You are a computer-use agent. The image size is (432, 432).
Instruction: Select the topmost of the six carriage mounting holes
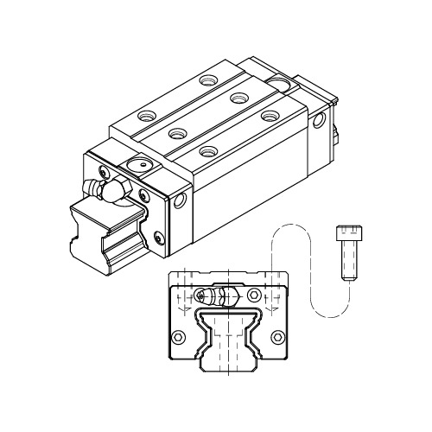tap(206, 80)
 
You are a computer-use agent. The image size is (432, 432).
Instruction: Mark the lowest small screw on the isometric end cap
tap(158, 239)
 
